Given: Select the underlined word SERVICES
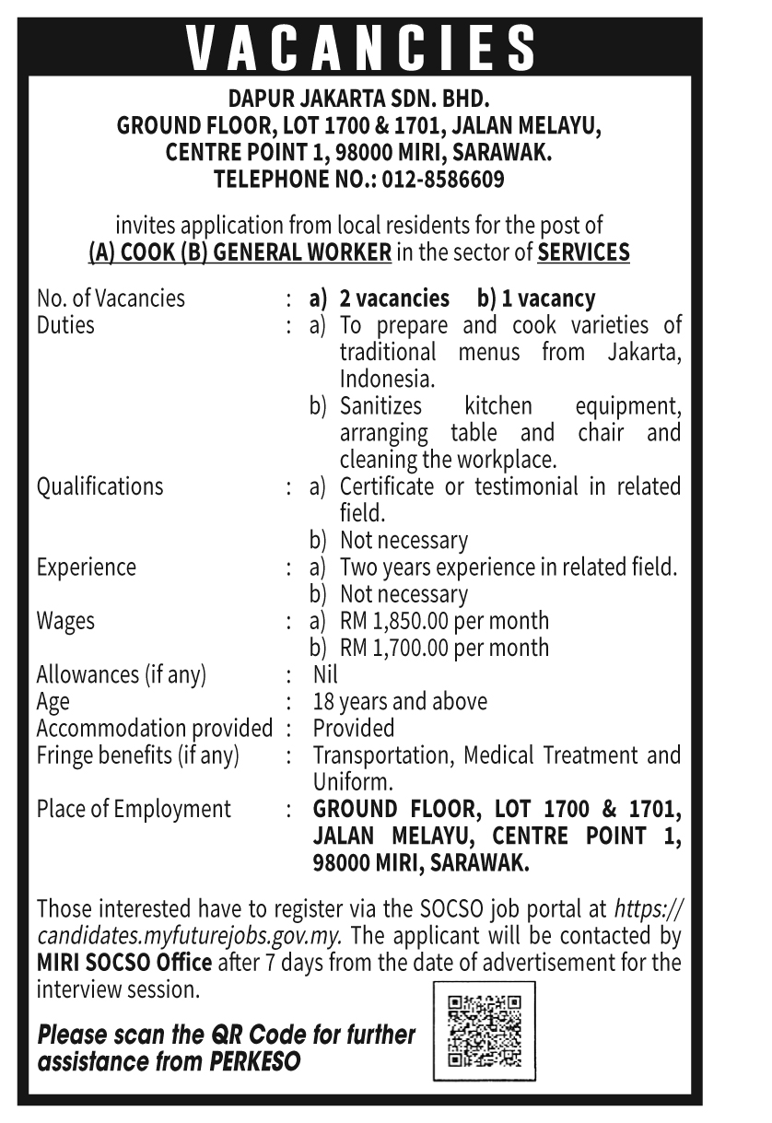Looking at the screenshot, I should pyautogui.click(x=583, y=252).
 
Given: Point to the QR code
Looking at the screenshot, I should pyautogui.click(x=484, y=1031).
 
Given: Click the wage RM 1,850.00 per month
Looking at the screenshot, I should pyautogui.click(x=444, y=620).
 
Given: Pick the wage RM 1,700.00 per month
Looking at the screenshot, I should pyautogui.click(x=444, y=648).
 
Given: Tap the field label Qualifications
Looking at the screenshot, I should pyautogui.click(x=99, y=485).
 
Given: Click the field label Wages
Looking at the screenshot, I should pyautogui.click(x=65, y=620).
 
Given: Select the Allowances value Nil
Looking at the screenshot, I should pyautogui.click(x=326, y=674).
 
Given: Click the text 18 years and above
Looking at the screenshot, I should pyautogui.click(x=400, y=701).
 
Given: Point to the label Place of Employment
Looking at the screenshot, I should pyautogui.click(x=134, y=809).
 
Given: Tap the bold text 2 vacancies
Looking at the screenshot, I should pyautogui.click(x=393, y=298).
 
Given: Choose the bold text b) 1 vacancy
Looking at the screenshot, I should pyautogui.click(x=536, y=298).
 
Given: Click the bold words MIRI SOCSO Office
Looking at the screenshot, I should pyautogui.click(x=124, y=963).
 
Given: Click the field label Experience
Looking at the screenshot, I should pyautogui.click(x=86, y=567).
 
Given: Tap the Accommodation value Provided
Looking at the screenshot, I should pyautogui.click(x=354, y=728).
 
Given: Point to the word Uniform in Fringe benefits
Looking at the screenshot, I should pyautogui.click(x=352, y=782).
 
